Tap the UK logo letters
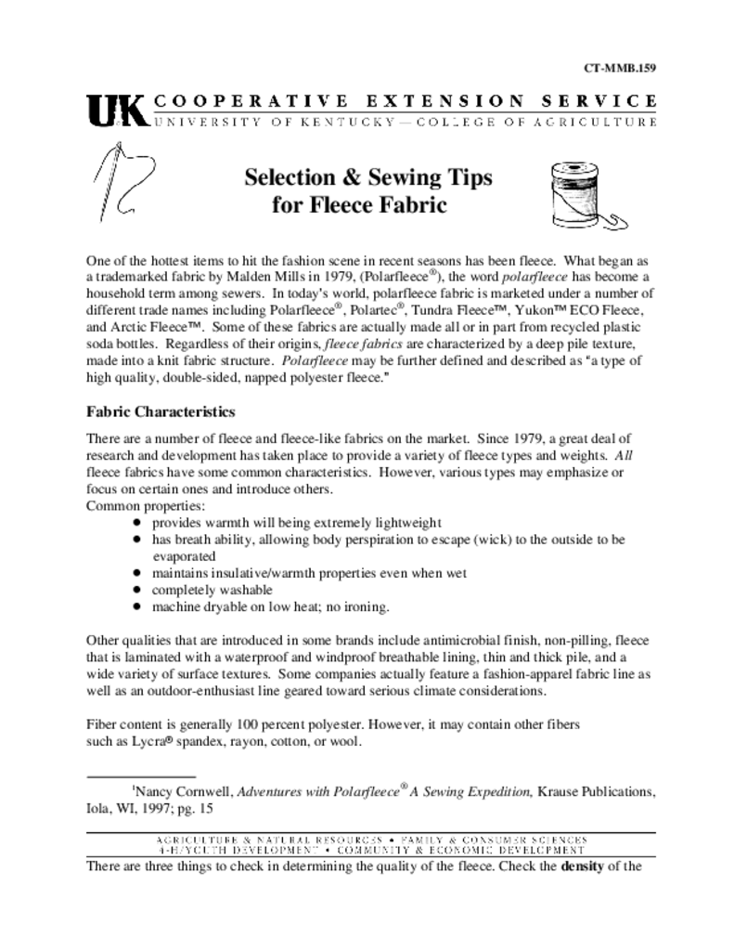click(116, 110)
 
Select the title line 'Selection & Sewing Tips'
click(367, 176)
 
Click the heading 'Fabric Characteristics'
click(161, 411)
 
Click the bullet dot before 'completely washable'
click(136, 591)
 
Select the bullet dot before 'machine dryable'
click(136, 607)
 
